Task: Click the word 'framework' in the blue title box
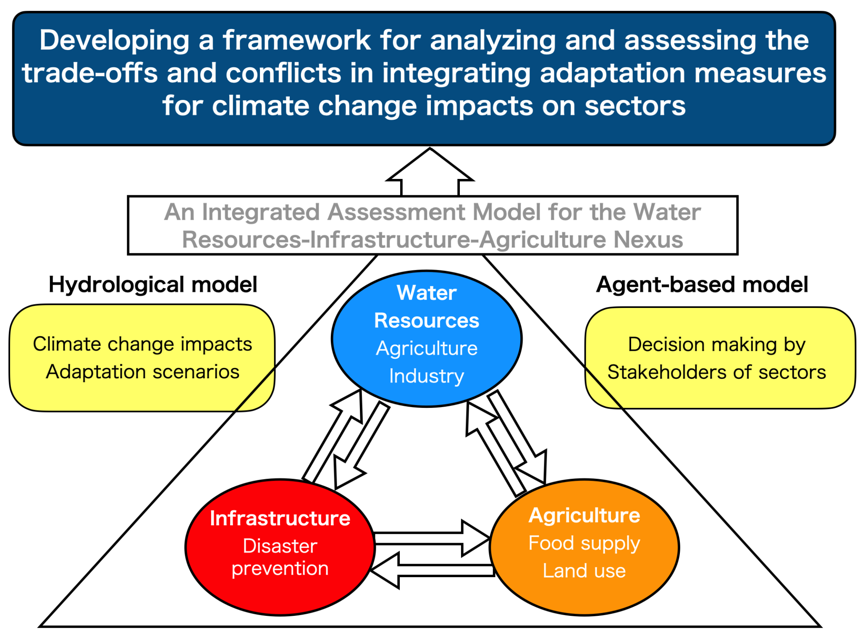tap(296, 40)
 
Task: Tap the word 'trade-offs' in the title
tap(89, 73)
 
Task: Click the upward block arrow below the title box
tap(430, 173)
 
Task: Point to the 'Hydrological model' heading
tap(153, 284)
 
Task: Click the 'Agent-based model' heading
tap(702, 284)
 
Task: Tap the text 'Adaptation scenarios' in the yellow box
tap(143, 372)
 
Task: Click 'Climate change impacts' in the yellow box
tap(143, 344)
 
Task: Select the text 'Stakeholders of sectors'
tap(716, 372)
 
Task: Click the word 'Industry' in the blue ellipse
tap(426, 376)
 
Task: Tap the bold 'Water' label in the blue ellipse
tap(426, 293)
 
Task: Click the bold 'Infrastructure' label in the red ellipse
tap(280, 518)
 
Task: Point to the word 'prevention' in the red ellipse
tap(280, 568)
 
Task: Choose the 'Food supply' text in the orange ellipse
tap(584, 543)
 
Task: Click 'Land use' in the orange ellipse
tap(584, 571)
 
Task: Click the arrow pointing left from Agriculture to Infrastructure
tap(433, 570)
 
